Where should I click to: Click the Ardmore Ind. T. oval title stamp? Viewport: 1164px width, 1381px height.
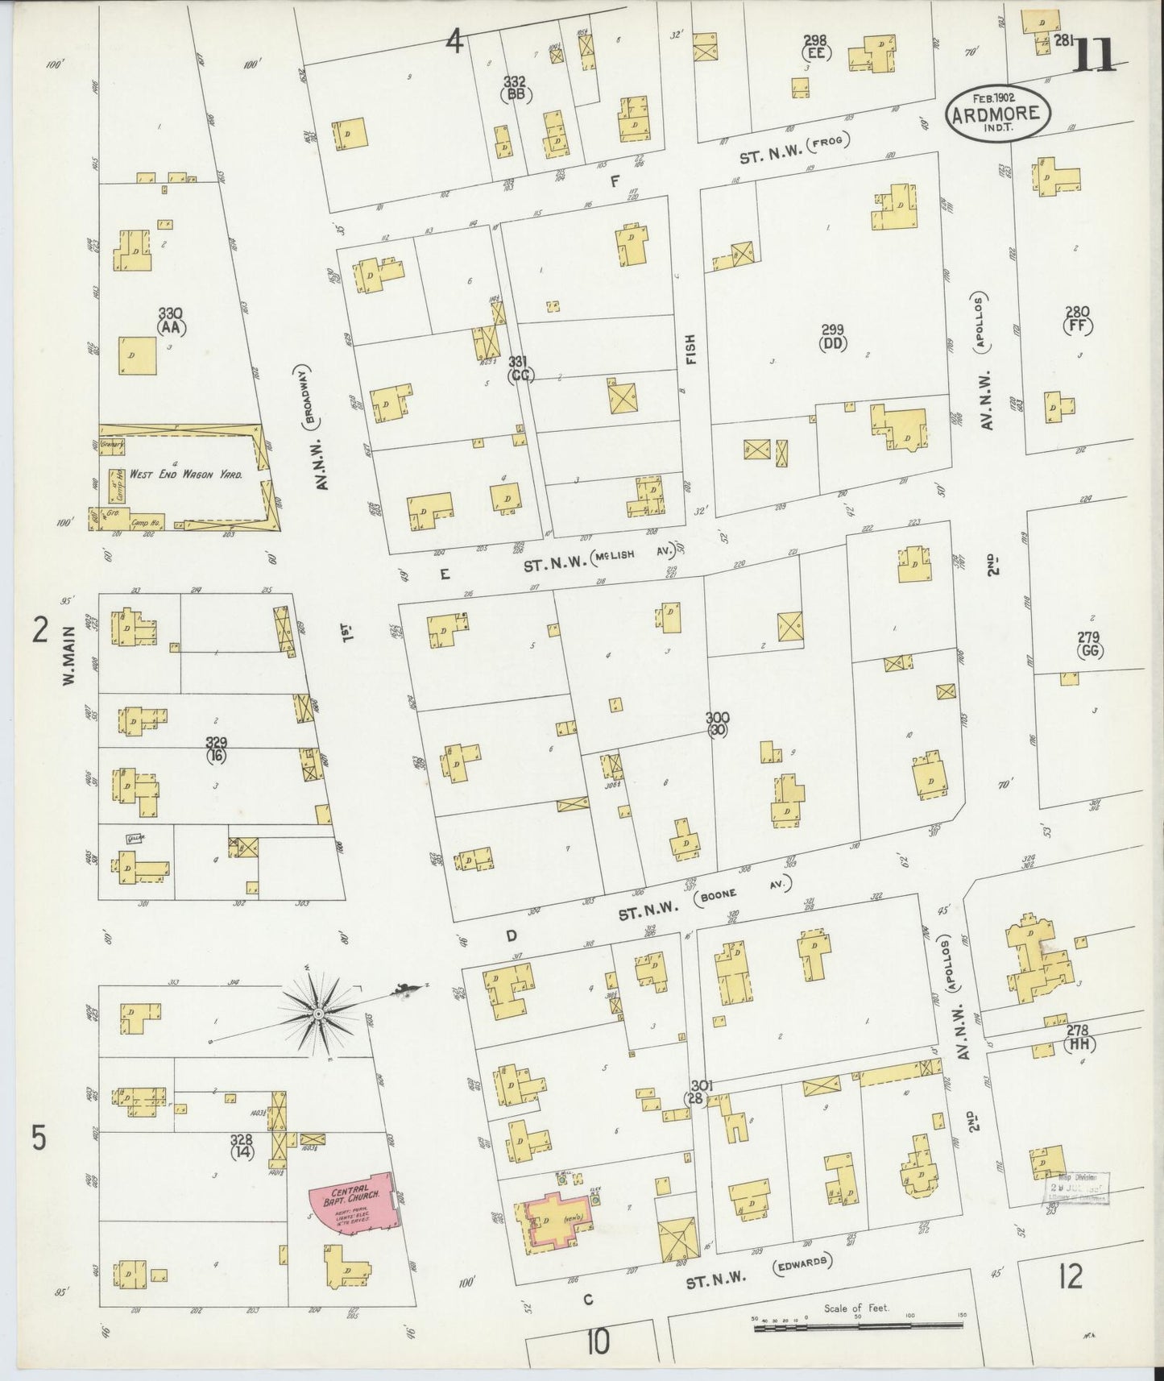(x=998, y=114)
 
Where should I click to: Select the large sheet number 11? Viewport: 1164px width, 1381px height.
(x=1096, y=54)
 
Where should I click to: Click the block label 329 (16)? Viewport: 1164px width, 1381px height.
(x=216, y=749)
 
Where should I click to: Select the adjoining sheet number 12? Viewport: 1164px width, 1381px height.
(x=1069, y=1275)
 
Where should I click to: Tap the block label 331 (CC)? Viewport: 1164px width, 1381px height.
(x=521, y=368)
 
